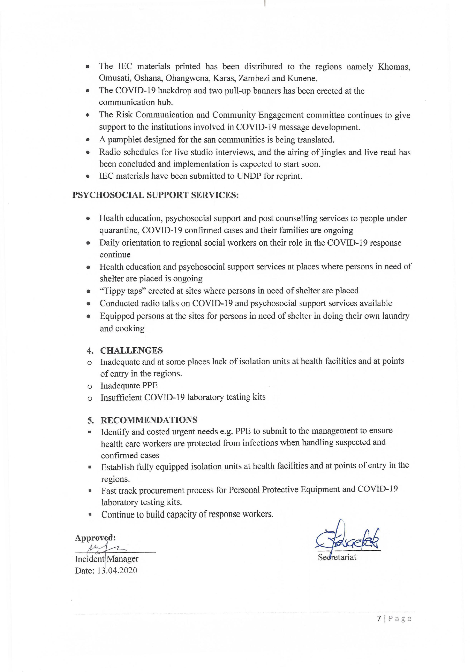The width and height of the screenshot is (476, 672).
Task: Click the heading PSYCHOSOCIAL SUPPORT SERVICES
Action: coord(155,195)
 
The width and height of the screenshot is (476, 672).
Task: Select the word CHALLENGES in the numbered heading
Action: coord(131,350)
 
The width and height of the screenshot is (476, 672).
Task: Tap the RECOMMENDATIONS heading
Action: coord(149,420)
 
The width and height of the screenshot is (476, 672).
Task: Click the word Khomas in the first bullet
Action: coord(394,67)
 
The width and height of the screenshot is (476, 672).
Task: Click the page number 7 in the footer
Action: coord(379,619)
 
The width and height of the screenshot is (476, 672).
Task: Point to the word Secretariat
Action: coord(337,557)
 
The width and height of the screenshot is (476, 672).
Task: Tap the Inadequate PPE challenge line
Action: coord(129,386)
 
